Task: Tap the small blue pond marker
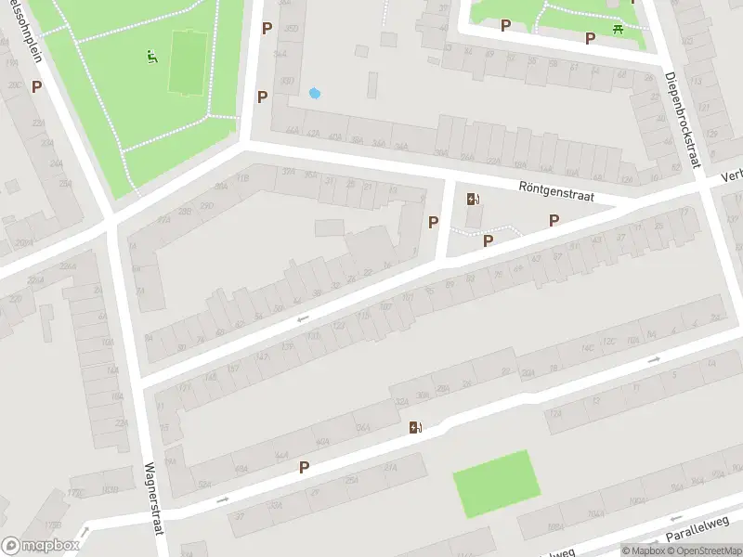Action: [x=314, y=93]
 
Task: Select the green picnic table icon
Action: [x=618, y=30]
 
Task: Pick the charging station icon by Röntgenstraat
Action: [x=473, y=199]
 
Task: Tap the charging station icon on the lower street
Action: [x=415, y=428]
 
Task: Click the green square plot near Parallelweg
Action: [x=497, y=483]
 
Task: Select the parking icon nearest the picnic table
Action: [x=590, y=38]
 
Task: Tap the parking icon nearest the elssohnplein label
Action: [x=36, y=86]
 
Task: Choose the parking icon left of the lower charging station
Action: [x=304, y=467]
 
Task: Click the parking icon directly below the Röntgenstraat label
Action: [x=554, y=220]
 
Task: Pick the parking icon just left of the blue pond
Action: [x=263, y=97]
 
